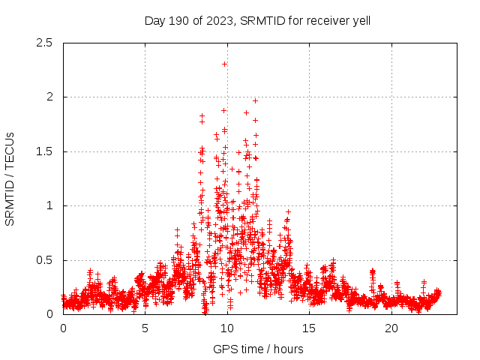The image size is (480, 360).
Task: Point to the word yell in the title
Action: [359, 20]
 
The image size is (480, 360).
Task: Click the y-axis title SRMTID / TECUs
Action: [10, 178]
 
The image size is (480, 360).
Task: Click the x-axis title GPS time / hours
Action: [258, 349]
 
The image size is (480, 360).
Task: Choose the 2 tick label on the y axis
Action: [49, 97]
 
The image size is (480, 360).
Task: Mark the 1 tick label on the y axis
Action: [49, 205]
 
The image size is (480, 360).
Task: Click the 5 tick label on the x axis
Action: [145, 328]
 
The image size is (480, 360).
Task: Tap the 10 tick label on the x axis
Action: [227, 328]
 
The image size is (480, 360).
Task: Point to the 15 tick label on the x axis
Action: [309, 328]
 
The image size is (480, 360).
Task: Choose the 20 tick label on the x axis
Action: [391, 328]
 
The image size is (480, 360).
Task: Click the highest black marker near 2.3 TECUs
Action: [224, 64]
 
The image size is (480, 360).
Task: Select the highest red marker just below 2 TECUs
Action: [255, 100]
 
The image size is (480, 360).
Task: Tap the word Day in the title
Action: [154, 20]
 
